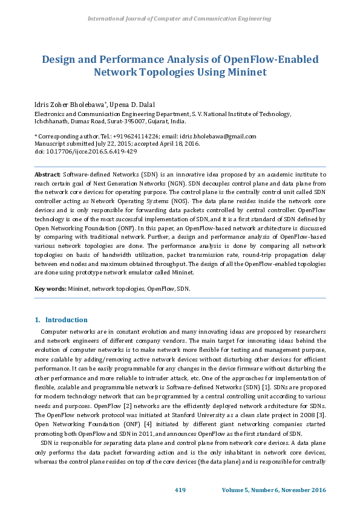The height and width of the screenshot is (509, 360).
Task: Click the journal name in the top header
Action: (x=180, y=19)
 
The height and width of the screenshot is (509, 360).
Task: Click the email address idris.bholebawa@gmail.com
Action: (x=217, y=137)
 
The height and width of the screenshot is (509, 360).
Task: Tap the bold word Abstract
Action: (x=47, y=173)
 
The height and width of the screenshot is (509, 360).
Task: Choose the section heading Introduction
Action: (x=67, y=320)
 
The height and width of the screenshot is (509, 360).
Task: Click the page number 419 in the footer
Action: (x=180, y=489)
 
